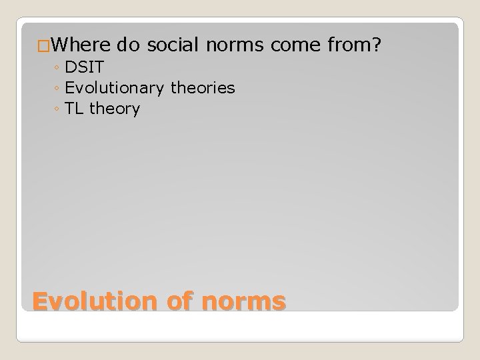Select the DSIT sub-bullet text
pyautogui.click(x=84, y=67)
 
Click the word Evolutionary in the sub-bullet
pyautogui.click(x=114, y=88)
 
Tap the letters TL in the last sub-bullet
pyautogui.click(x=75, y=109)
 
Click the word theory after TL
pyautogui.click(x=114, y=109)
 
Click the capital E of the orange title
pyautogui.click(x=41, y=301)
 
